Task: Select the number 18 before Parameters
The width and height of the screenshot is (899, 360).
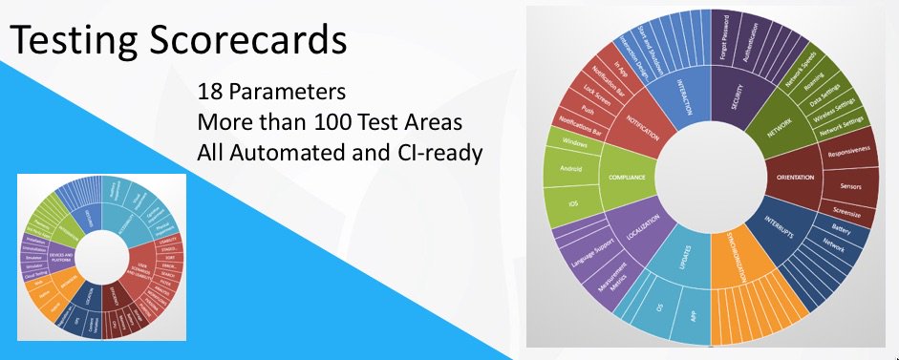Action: pyautogui.click(x=209, y=95)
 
